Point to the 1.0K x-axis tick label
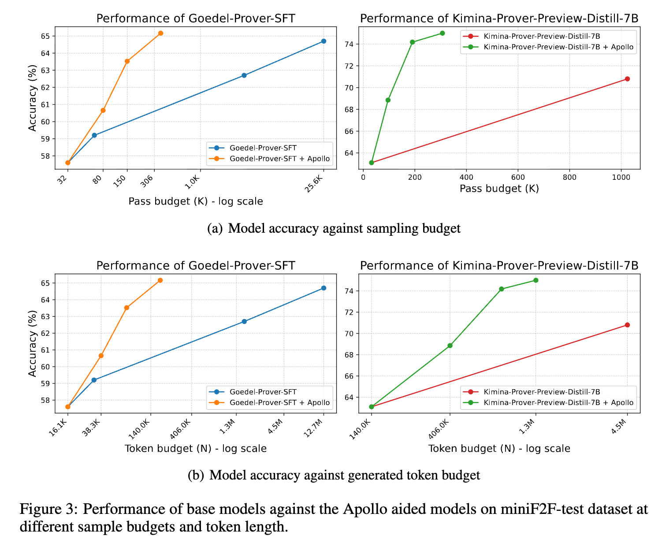click(x=193, y=182)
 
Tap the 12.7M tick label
click(x=315, y=429)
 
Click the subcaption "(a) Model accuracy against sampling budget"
click(x=334, y=228)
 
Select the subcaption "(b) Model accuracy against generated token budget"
click(x=334, y=475)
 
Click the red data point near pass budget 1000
click(x=627, y=79)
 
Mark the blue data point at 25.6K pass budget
click(x=324, y=41)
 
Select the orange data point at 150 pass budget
click(x=127, y=61)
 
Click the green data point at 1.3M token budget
click(x=536, y=280)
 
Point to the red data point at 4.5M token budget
click(x=627, y=325)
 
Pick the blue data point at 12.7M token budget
click(x=324, y=288)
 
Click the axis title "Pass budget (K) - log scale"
click(x=196, y=201)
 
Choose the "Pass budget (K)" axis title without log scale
click(x=499, y=189)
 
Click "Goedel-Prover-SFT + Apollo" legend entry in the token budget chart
click(x=279, y=402)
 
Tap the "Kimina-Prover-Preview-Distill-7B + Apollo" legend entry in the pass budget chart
click(x=558, y=46)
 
